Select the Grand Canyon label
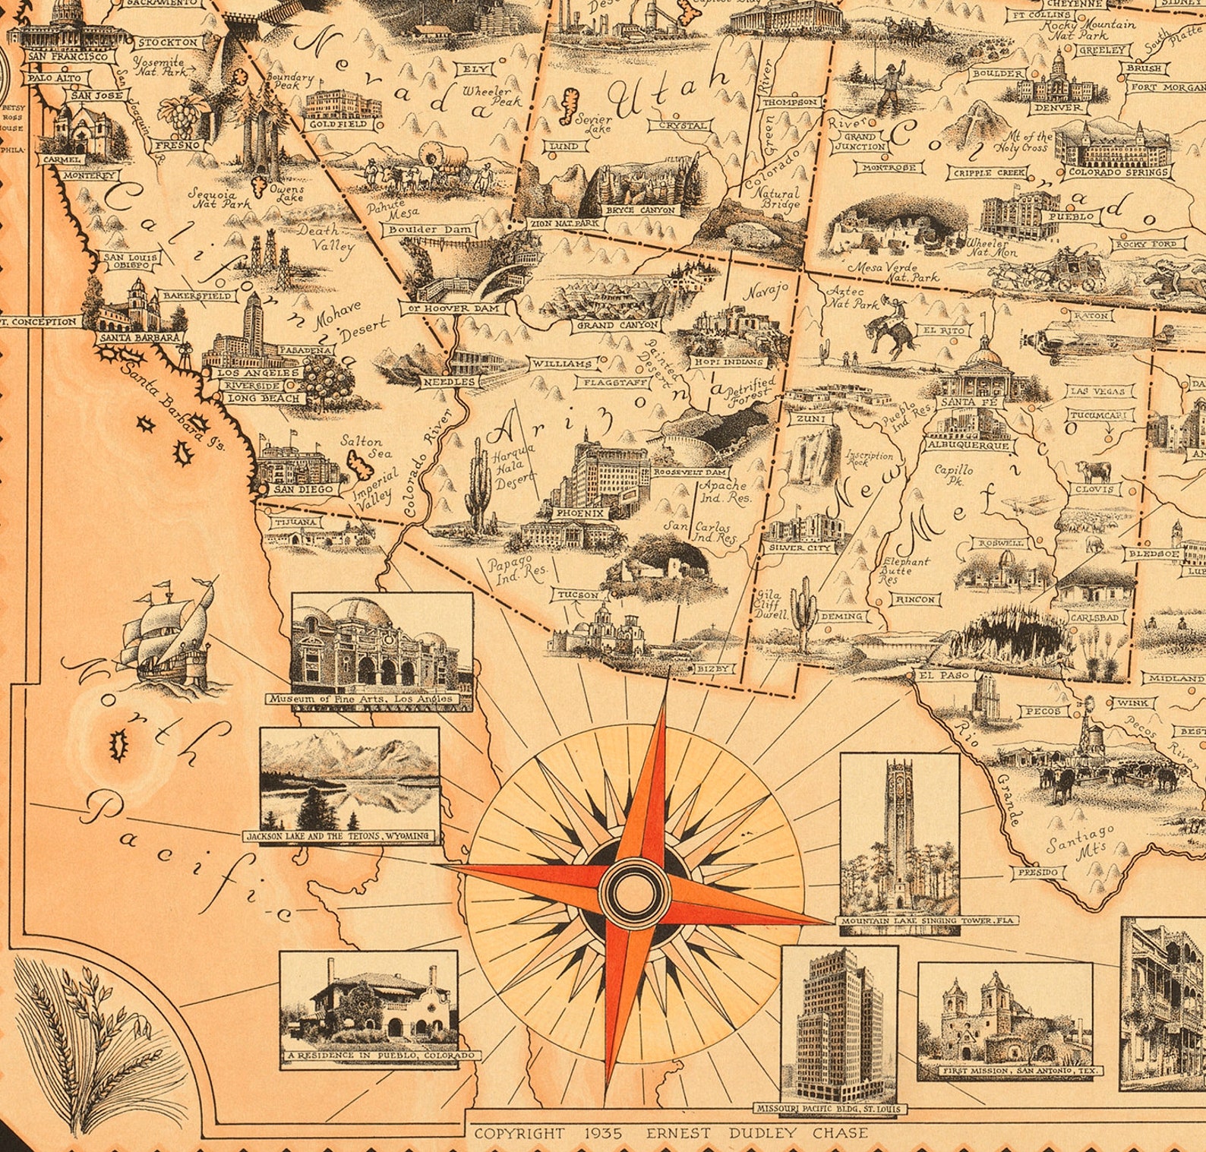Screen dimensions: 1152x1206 coord(617,325)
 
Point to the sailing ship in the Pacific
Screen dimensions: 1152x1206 coord(168,636)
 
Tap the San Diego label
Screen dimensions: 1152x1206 coord(304,489)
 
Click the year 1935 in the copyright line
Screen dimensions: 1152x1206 coord(605,1134)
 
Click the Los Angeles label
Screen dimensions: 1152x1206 coord(258,374)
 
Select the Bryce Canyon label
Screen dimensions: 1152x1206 coord(639,210)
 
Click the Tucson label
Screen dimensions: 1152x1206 coord(578,595)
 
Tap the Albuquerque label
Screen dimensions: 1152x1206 coord(968,446)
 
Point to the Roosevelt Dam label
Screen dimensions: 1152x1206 coord(680,472)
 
